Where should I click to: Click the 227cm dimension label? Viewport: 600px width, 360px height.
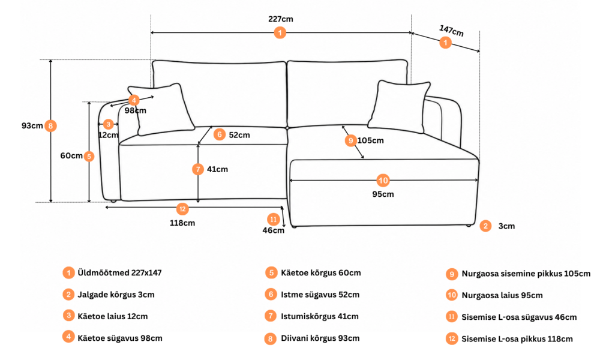[x=280, y=19]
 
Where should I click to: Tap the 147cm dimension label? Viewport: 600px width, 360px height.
[x=452, y=31]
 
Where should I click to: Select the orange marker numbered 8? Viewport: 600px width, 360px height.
[x=50, y=125]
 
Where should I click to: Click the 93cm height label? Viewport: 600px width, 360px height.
[x=32, y=125]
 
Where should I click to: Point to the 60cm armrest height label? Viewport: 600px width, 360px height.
[x=71, y=156]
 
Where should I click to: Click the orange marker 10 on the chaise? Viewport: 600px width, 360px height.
[x=383, y=180]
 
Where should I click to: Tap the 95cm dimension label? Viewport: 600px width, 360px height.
[x=383, y=194]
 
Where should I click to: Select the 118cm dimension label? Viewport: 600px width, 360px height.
[x=182, y=223]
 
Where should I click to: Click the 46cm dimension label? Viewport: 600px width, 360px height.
[x=273, y=230]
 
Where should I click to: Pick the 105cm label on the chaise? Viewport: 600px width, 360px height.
[x=370, y=140]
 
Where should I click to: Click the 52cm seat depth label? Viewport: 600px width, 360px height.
[x=239, y=135]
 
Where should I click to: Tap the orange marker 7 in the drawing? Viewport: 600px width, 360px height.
[x=198, y=169]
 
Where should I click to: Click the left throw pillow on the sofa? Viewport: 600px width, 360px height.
[x=161, y=109]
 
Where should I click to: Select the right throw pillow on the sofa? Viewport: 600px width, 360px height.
[x=399, y=107]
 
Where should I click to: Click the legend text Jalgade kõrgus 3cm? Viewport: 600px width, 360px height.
[x=116, y=295]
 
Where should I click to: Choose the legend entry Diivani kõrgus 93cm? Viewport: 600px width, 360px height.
[x=320, y=338]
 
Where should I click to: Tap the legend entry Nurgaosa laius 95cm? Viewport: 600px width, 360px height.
[x=502, y=295]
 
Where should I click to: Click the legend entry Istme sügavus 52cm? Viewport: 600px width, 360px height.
[x=320, y=295]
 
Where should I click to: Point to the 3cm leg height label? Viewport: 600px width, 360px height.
[x=506, y=226]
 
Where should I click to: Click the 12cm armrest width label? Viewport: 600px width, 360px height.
[x=108, y=135]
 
